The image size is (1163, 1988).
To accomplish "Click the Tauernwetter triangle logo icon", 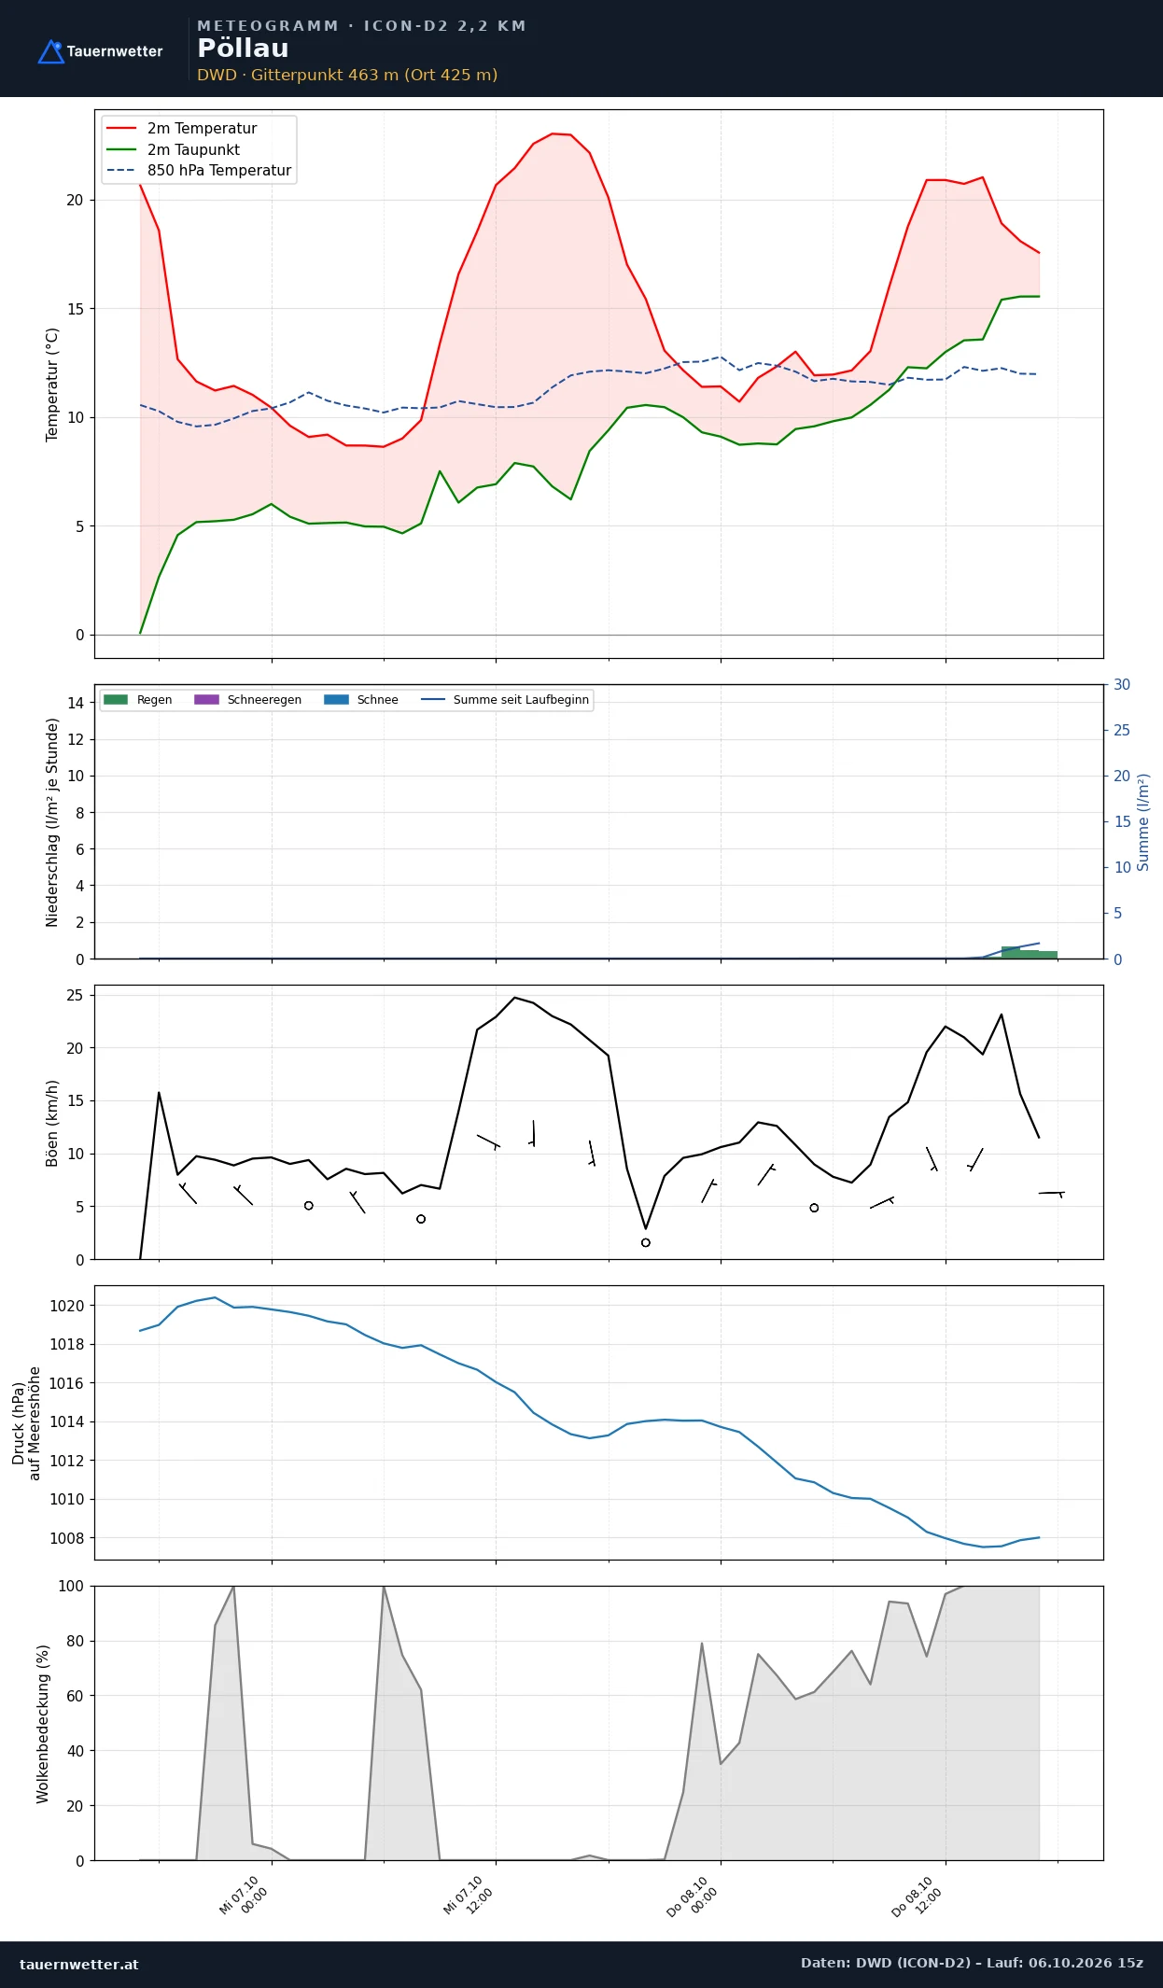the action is tap(50, 52).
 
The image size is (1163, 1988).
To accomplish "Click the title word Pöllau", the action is tap(243, 49).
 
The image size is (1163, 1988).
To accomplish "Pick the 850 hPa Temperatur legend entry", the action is tap(199, 171).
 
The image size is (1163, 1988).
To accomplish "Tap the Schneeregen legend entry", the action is tap(247, 700).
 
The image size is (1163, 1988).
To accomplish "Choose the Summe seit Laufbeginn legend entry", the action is tap(505, 700).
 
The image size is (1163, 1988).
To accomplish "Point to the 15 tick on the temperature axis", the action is tap(75, 309).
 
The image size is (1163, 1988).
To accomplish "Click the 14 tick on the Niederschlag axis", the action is tap(76, 703).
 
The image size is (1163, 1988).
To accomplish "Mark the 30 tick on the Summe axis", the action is tap(1122, 685).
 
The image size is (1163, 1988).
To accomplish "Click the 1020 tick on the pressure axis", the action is tap(66, 1306).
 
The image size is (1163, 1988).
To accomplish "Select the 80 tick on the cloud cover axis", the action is tap(76, 1641).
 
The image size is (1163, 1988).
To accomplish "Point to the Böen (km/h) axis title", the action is tap(52, 1123).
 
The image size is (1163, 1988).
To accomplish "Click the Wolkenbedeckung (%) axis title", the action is tap(43, 1724).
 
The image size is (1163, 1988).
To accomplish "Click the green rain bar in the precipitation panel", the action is tap(1030, 953).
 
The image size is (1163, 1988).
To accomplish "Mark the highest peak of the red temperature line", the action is tap(553, 133).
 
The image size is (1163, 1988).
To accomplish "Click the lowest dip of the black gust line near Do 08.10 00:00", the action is tap(646, 1228).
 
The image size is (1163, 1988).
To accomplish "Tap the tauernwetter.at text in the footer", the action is tap(79, 1964).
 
